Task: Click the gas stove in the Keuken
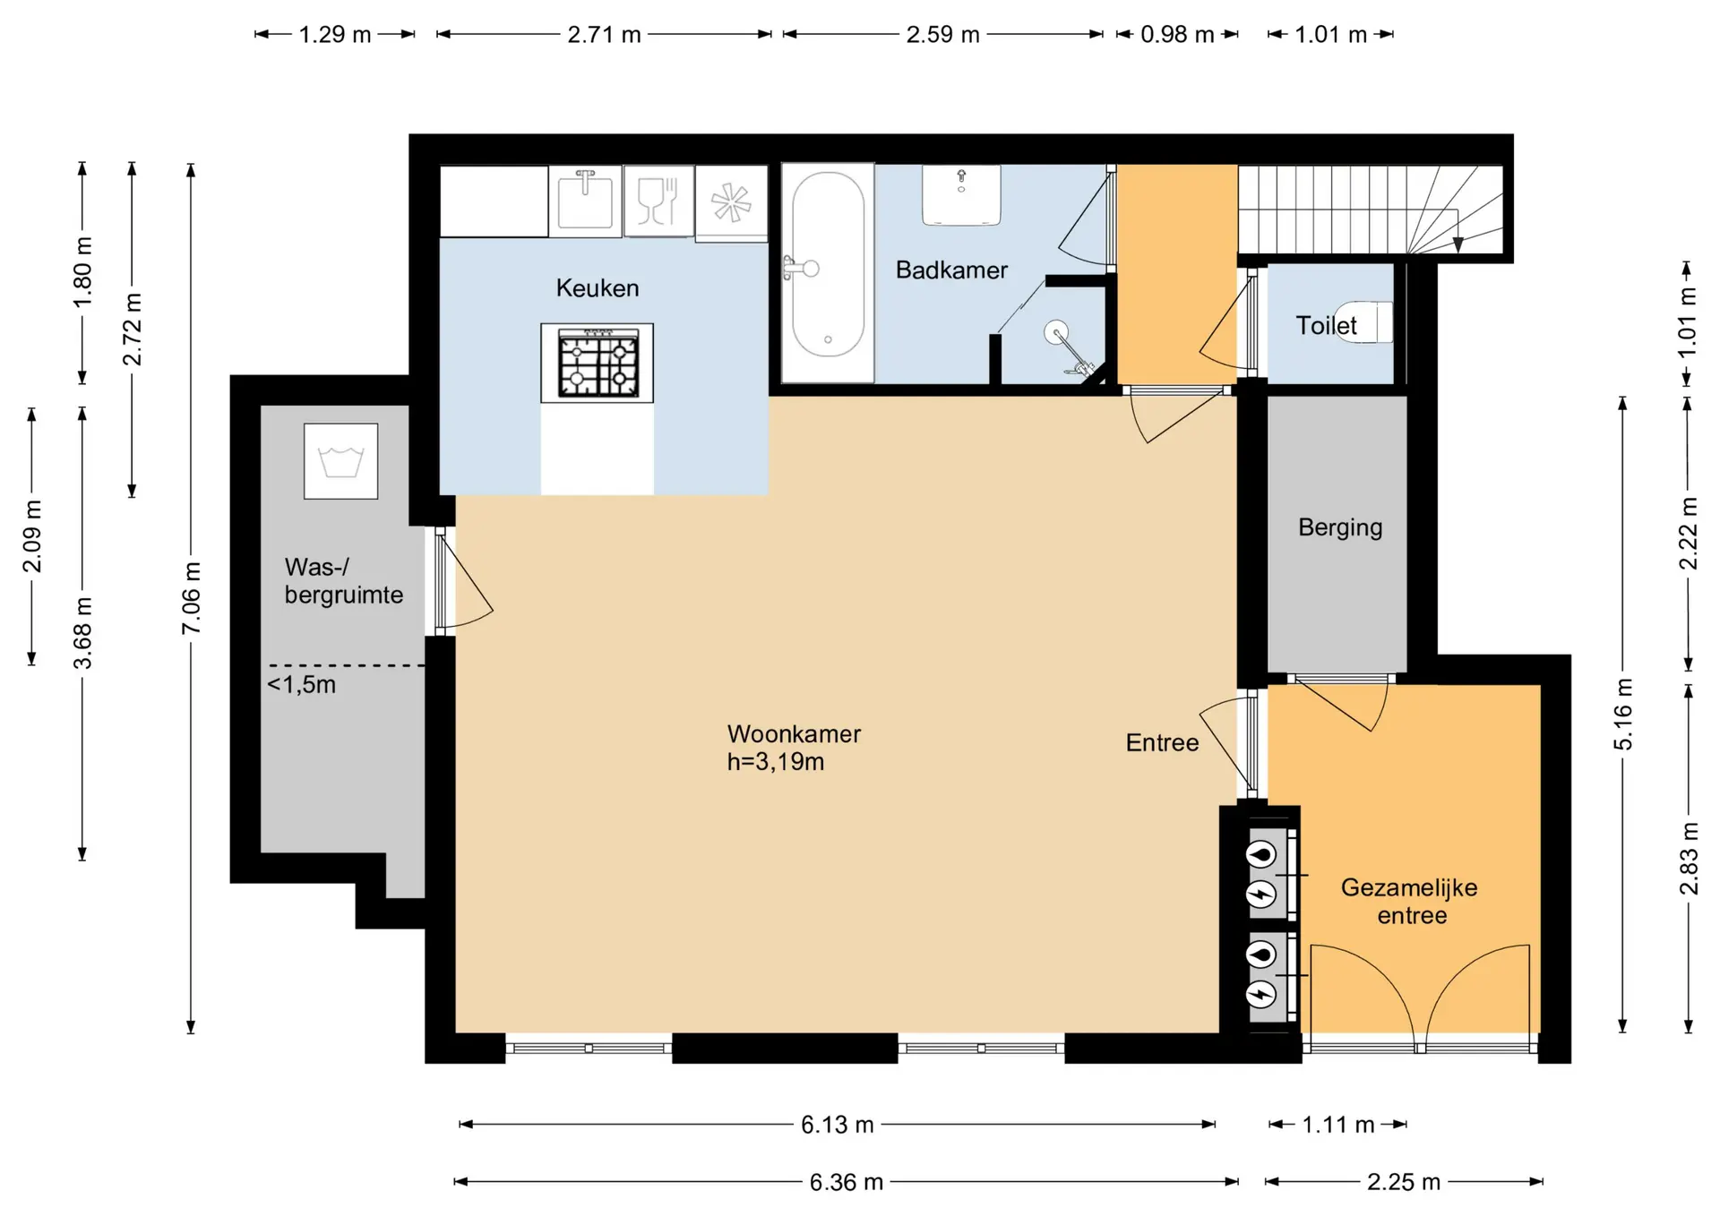click(x=598, y=363)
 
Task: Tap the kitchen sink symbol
click(x=585, y=201)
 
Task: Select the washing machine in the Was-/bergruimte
click(x=340, y=461)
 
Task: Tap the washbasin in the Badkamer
click(x=961, y=195)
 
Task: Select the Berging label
click(x=1340, y=527)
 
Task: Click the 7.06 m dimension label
click(x=191, y=598)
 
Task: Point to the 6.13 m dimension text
click(x=838, y=1125)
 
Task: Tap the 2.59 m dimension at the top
click(x=942, y=35)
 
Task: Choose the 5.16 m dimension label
click(x=1623, y=715)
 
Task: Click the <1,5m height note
click(x=301, y=685)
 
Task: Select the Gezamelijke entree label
click(x=1410, y=901)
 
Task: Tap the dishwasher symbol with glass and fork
click(x=658, y=201)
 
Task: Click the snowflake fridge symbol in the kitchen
click(x=731, y=202)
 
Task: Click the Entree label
click(x=1162, y=742)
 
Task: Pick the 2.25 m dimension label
click(x=1404, y=1182)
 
